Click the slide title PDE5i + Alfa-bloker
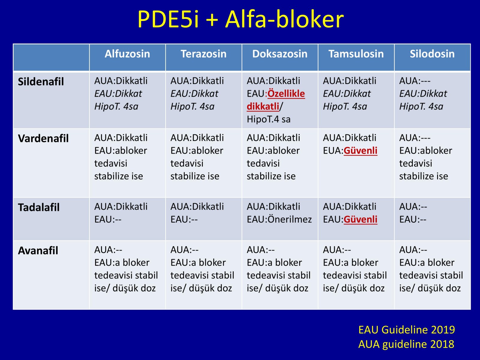(241, 19)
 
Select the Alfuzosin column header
(127, 54)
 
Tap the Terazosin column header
(204, 54)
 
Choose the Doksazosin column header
(280, 54)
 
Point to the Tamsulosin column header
(356, 54)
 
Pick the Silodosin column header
(432, 54)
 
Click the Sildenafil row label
(41, 82)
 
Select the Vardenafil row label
(43, 138)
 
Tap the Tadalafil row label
(39, 207)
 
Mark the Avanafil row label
(38, 250)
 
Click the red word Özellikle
(286, 94)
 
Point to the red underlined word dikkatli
(263, 106)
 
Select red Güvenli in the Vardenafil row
(361, 151)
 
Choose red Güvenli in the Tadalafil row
(361, 220)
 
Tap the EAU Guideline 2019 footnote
(406, 330)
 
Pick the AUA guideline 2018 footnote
(406, 344)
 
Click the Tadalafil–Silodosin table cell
(433, 219)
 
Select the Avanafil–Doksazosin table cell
(280, 275)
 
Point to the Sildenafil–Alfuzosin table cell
(127, 100)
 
